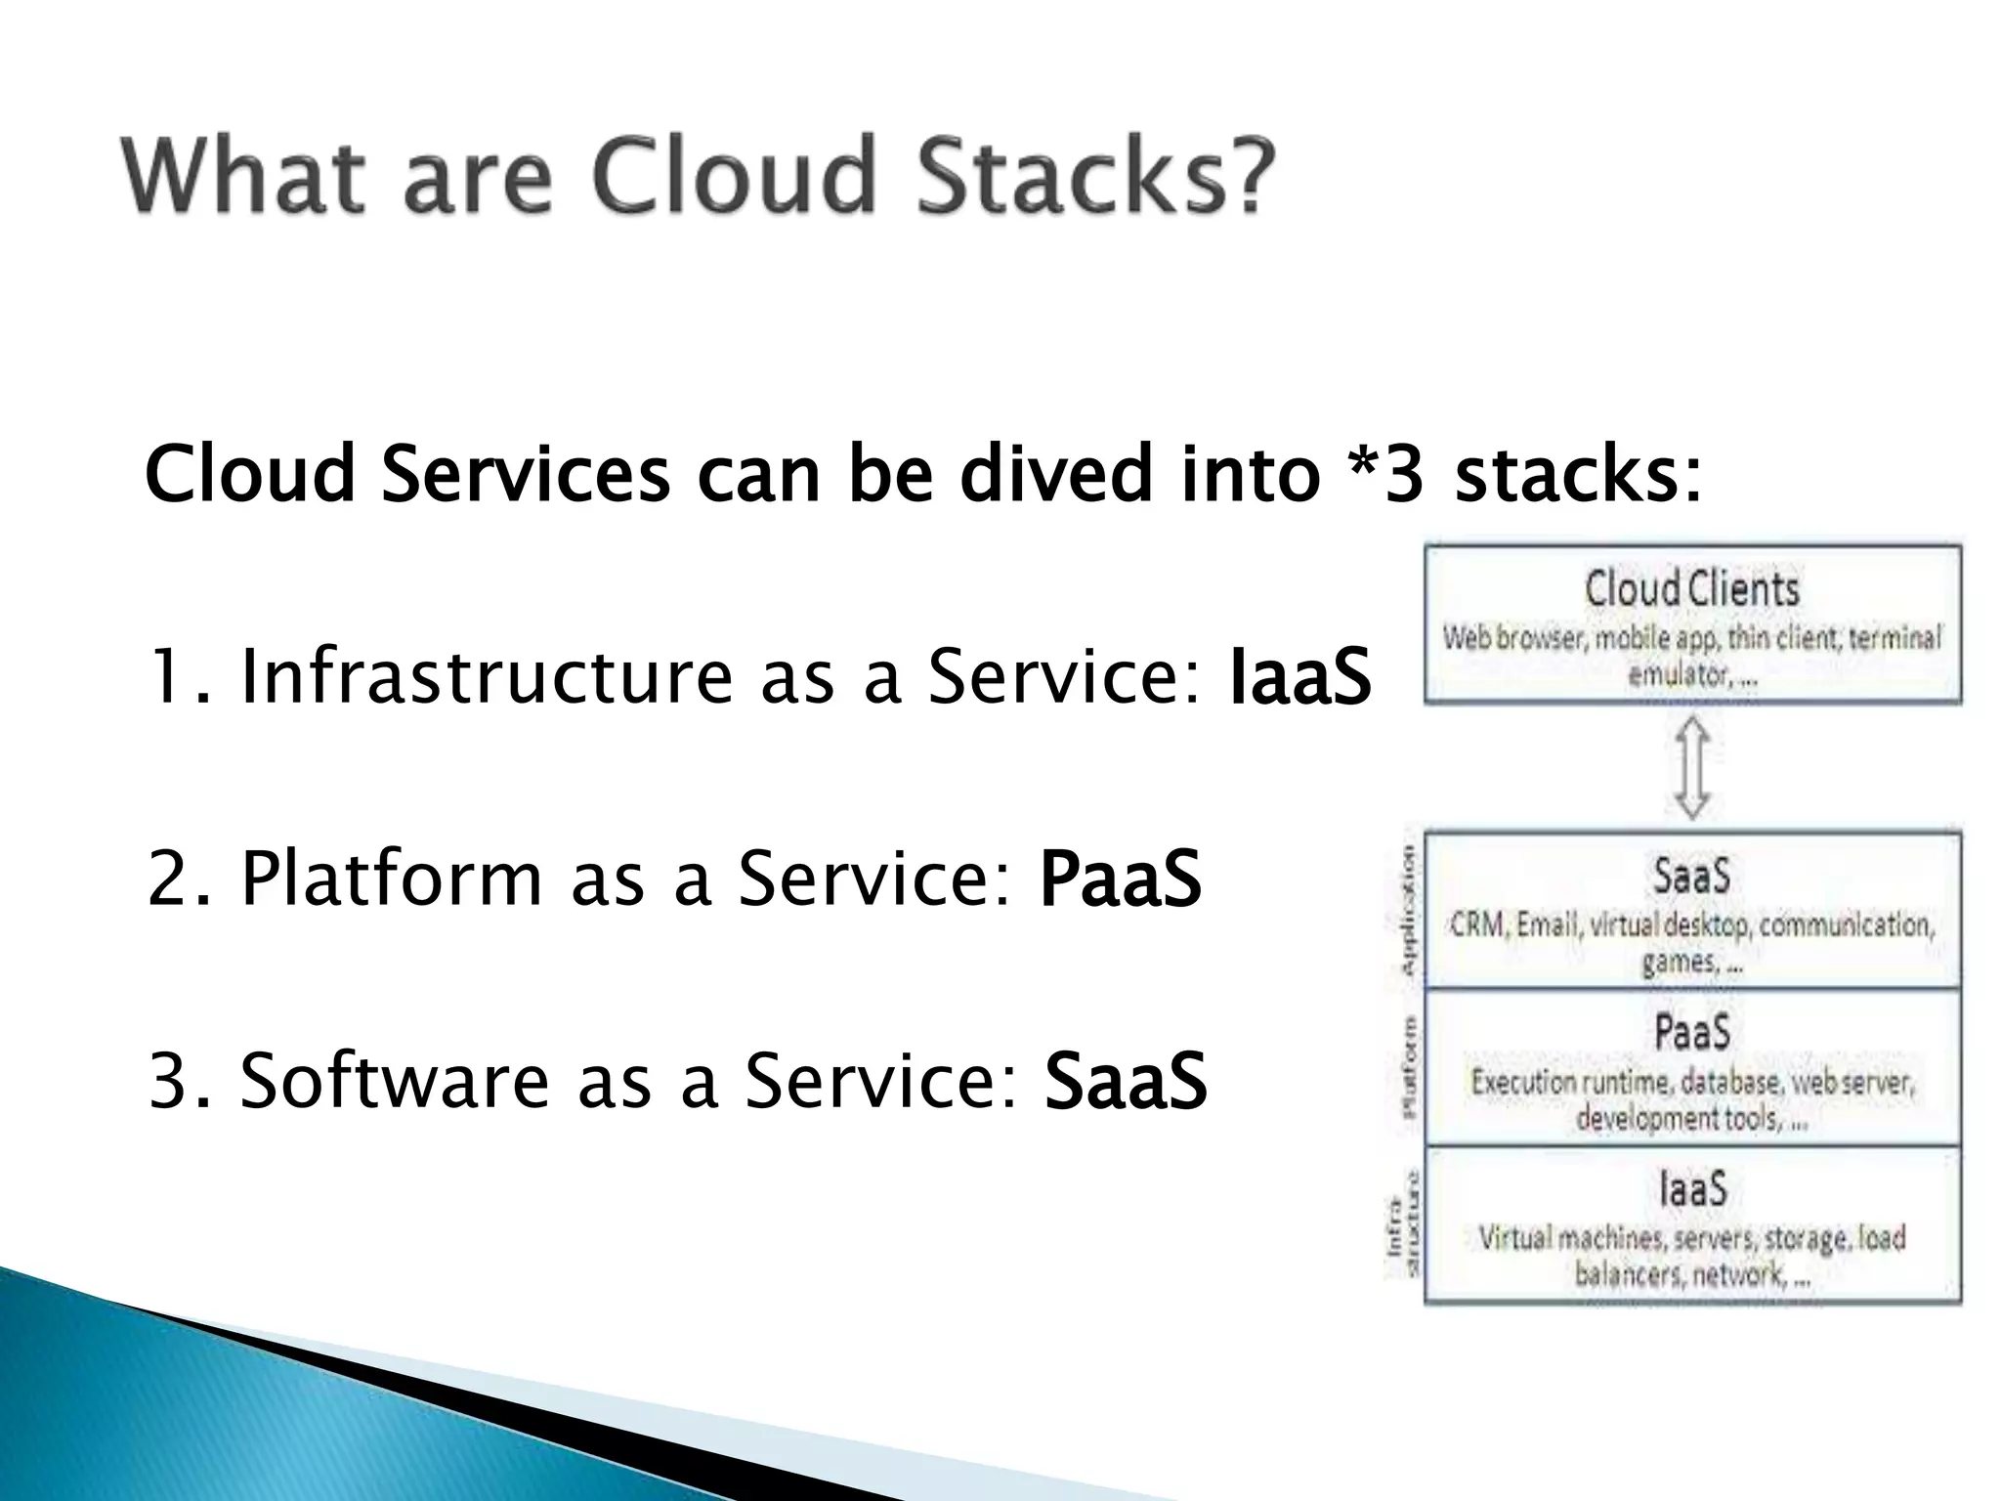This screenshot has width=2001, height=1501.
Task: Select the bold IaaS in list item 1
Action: (1299, 677)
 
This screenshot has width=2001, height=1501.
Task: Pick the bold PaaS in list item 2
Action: (1120, 879)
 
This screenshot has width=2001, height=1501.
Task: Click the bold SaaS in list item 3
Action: (1126, 1081)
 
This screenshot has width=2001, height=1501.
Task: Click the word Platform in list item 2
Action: (391, 879)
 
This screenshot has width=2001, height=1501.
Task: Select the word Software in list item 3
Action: (396, 1081)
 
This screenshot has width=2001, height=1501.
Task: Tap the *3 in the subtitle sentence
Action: (1384, 475)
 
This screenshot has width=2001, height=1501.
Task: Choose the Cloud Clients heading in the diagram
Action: (1691, 589)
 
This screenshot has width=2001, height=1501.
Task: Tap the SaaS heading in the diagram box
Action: (1691, 876)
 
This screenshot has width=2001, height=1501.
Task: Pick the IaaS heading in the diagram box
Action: (1691, 1189)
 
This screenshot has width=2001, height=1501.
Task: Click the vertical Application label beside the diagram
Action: (1408, 910)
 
